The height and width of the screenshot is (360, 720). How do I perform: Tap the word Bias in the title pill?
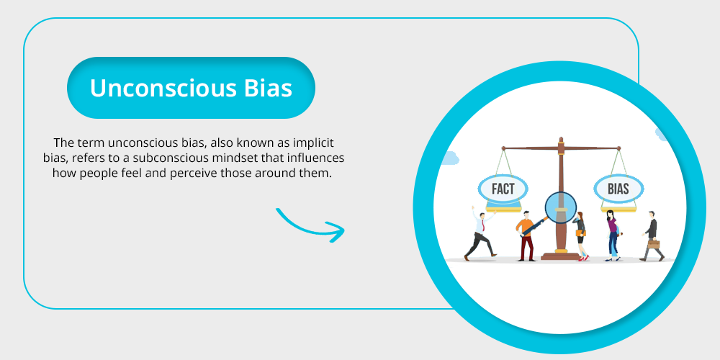coord(268,88)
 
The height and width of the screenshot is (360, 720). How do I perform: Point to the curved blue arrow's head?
coord(336,231)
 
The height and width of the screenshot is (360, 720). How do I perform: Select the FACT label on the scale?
coord(503,189)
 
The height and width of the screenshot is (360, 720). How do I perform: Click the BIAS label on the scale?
coord(618,189)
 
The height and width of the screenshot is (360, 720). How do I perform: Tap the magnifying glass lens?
coord(560,207)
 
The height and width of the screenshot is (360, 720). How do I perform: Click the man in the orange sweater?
coord(526,235)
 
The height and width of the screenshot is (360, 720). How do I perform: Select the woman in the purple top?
coord(612,235)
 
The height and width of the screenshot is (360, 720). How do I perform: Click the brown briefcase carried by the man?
coord(654,244)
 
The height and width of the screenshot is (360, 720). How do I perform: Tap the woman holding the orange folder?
coord(581,236)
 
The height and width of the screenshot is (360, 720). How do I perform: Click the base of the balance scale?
coord(560,256)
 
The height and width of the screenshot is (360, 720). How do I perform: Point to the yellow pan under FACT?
coord(503,210)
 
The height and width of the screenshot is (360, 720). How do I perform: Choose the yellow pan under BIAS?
coord(618,210)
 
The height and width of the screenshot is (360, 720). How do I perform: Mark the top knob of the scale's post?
coord(561,139)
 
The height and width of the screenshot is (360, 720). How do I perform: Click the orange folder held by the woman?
coord(581,233)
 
